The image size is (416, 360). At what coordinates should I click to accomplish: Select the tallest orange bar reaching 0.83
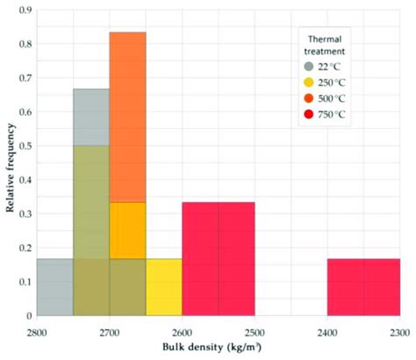tap(127, 114)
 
